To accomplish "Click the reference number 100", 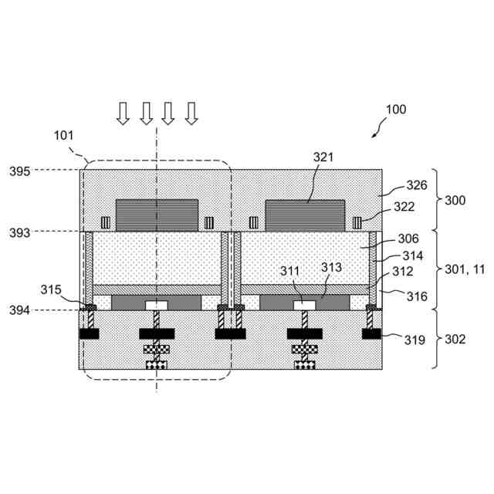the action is point(395,110).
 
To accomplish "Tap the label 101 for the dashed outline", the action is point(64,135).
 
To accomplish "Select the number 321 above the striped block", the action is point(324,157).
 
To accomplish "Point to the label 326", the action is point(417,186).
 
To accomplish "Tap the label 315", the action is point(52,289).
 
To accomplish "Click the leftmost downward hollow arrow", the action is point(123,113).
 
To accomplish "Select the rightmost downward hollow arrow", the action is point(191,113).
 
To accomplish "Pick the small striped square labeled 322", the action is point(358,223).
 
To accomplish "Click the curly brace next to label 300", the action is point(435,200).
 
